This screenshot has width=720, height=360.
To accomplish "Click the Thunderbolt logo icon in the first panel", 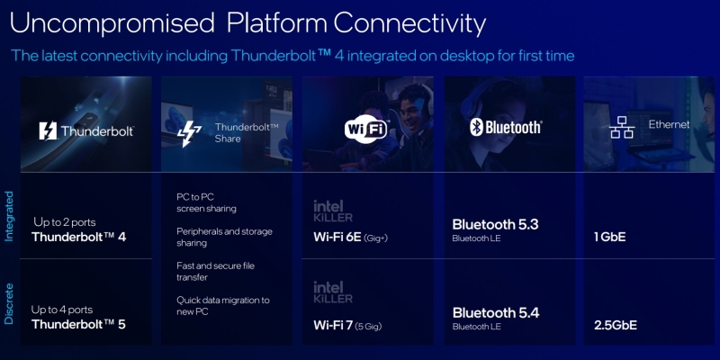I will pos(48,130).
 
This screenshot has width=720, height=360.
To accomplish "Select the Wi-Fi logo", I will pos(366,129).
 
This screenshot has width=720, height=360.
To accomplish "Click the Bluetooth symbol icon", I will pos(477,127).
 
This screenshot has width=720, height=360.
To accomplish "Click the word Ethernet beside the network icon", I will pos(669,124).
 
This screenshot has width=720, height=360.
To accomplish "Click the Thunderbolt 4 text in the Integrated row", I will pos(78,238).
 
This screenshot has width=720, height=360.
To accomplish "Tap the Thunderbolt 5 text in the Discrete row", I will pos(78,324).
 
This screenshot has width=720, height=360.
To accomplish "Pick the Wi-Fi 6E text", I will pos(337,237).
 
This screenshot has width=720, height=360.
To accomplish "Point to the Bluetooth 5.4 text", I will pos(495,312).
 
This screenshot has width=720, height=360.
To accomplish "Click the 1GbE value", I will pos(610,238).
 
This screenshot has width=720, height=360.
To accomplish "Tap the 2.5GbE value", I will pos(616,324).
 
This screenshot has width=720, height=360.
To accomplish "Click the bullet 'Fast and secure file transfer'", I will pos(216,273).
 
